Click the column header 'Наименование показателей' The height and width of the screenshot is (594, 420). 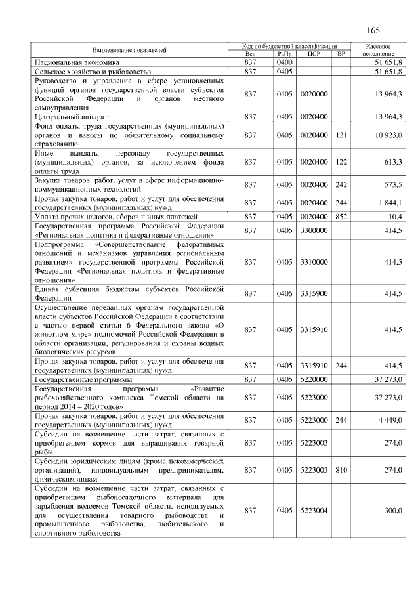pyautogui.click(x=129, y=50)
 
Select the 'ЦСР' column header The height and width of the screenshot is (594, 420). pyautogui.click(x=313, y=54)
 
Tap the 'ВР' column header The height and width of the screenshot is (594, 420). pyautogui.click(x=341, y=54)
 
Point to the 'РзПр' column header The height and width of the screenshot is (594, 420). pyautogui.click(x=285, y=54)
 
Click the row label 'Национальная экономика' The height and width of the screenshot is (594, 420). pyautogui.click(x=73, y=62)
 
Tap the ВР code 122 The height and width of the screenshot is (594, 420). pyautogui.click(x=341, y=161)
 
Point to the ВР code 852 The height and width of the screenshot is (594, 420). pyautogui.click(x=341, y=216)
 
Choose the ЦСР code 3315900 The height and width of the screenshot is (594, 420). pyautogui.click(x=313, y=293)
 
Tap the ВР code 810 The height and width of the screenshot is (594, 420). pyautogui.click(x=341, y=469)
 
